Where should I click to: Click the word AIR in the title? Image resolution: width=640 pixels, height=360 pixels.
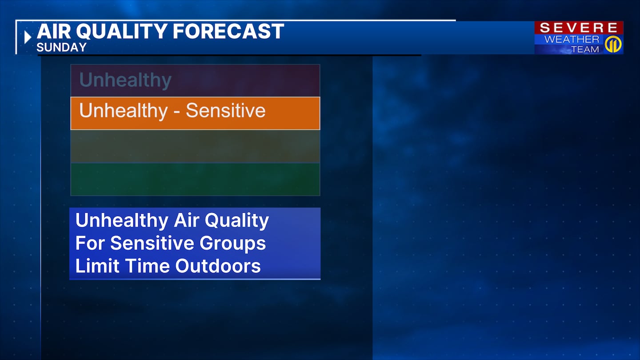[x=54, y=31]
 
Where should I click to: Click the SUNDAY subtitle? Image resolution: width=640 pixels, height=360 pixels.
[x=61, y=48]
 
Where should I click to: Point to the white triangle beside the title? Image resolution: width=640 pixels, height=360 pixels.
[x=28, y=37]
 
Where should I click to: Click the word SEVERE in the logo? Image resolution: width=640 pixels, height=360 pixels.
[x=579, y=28]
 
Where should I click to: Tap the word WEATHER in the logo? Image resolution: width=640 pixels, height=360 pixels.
[x=572, y=39]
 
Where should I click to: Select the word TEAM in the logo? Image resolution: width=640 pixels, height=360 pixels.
[x=585, y=49]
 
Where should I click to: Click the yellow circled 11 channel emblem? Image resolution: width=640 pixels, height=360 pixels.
[x=613, y=44]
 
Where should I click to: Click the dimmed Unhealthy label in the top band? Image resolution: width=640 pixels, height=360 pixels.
[x=125, y=80]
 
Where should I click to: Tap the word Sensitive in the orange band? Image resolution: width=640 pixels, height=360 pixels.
[x=226, y=110]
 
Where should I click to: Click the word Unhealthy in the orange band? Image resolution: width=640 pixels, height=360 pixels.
[x=124, y=111]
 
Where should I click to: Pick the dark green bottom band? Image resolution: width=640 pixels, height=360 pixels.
[x=195, y=179]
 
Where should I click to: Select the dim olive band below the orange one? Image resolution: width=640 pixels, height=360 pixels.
[x=195, y=146]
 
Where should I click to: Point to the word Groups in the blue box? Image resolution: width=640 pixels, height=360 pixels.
[x=232, y=244]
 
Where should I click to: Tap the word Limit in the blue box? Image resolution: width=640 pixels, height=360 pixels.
[x=97, y=266]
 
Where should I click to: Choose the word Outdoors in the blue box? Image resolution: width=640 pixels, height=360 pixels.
[x=218, y=266]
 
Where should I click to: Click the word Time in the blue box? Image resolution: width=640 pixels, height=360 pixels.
[x=147, y=266]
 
